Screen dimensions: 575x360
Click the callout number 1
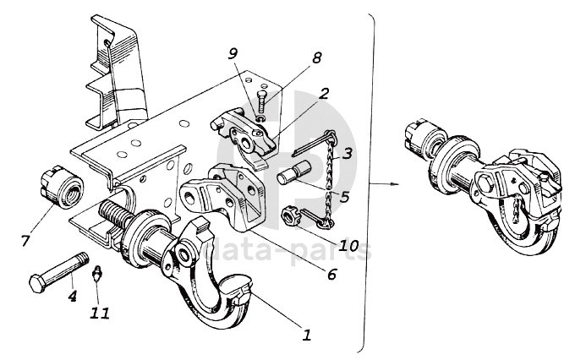click(x=307, y=335)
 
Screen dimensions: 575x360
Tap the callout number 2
click(x=323, y=94)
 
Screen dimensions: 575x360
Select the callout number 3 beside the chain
click(x=348, y=153)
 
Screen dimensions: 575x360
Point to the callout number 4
click(x=73, y=296)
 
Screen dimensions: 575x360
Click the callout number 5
click(x=344, y=197)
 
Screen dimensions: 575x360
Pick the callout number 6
click(x=331, y=274)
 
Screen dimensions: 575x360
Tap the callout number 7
click(x=25, y=241)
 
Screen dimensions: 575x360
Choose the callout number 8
click(x=316, y=57)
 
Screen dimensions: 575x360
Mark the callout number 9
click(x=233, y=54)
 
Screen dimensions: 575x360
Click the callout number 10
click(x=348, y=245)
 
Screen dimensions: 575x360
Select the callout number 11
click(x=100, y=313)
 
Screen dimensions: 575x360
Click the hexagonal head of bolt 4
click(x=37, y=282)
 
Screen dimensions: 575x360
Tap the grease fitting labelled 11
click(x=97, y=273)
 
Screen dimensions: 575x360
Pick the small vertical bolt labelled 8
click(x=262, y=101)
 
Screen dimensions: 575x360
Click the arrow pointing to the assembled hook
click(x=384, y=183)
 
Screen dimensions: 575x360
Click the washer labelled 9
click(x=261, y=119)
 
